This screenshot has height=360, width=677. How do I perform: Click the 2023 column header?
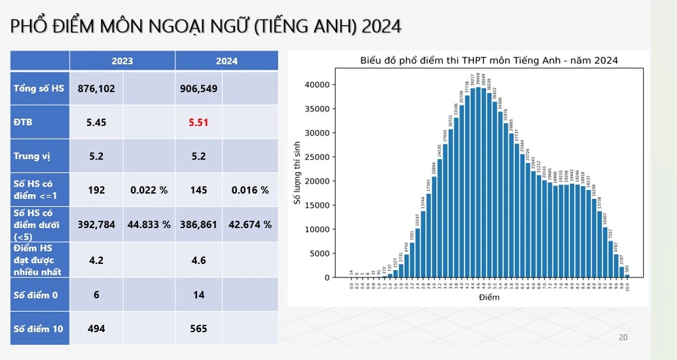coord(122,61)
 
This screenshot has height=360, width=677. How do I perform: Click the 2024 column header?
coord(227,61)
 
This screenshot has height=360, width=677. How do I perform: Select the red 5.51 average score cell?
coord(198,122)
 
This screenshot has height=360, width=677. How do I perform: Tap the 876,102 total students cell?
coord(96,89)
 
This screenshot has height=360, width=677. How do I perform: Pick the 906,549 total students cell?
coord(198,89)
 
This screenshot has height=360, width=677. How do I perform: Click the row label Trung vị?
coord(32,156)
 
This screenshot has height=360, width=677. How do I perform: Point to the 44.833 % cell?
coord(149,224)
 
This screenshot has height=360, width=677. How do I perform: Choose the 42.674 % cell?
coord(251,224)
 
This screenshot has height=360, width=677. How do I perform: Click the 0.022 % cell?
coord(149,190)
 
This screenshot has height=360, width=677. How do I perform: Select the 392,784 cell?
coord(96,224)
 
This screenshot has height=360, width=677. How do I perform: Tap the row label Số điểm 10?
coord(39,329)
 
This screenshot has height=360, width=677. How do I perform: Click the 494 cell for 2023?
coord(96,329)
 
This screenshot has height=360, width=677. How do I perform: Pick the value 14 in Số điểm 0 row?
coord(198,295)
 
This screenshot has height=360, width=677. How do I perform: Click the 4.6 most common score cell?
coord(198,259)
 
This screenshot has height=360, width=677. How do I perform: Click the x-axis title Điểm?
coord(488,297)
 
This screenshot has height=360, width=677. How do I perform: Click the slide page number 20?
coord(624,338)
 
